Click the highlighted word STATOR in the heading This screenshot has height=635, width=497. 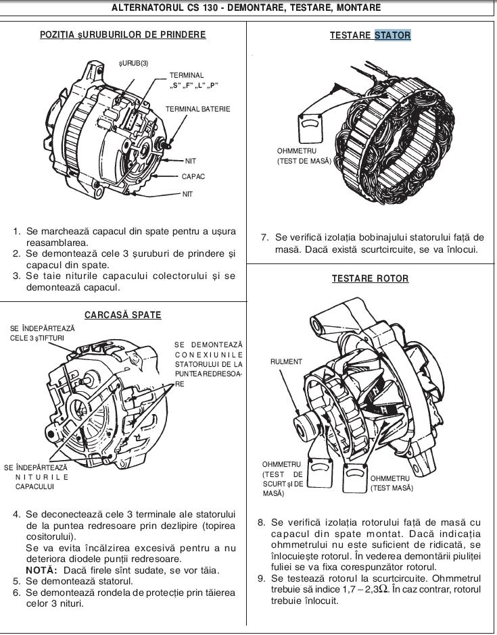point(392,35)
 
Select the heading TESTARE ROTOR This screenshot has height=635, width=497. point(370,278)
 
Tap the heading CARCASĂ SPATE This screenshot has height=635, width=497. point(123,315)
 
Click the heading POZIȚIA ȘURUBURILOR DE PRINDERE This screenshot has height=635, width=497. point(123,35)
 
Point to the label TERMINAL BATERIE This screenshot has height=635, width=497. point(197,109)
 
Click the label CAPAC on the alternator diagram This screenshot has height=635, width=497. point(193,177)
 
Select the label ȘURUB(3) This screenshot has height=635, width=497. point(133,63)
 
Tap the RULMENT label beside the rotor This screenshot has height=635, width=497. point(286,362)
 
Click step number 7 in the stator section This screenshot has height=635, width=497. point(265,238)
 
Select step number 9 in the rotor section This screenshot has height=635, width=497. point(261,579)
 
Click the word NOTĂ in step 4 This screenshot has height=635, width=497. point(42,570)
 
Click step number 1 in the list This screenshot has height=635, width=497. point(17,231)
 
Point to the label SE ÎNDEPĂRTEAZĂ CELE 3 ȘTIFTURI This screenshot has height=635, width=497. point(42,332)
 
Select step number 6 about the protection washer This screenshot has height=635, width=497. point(17,592)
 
